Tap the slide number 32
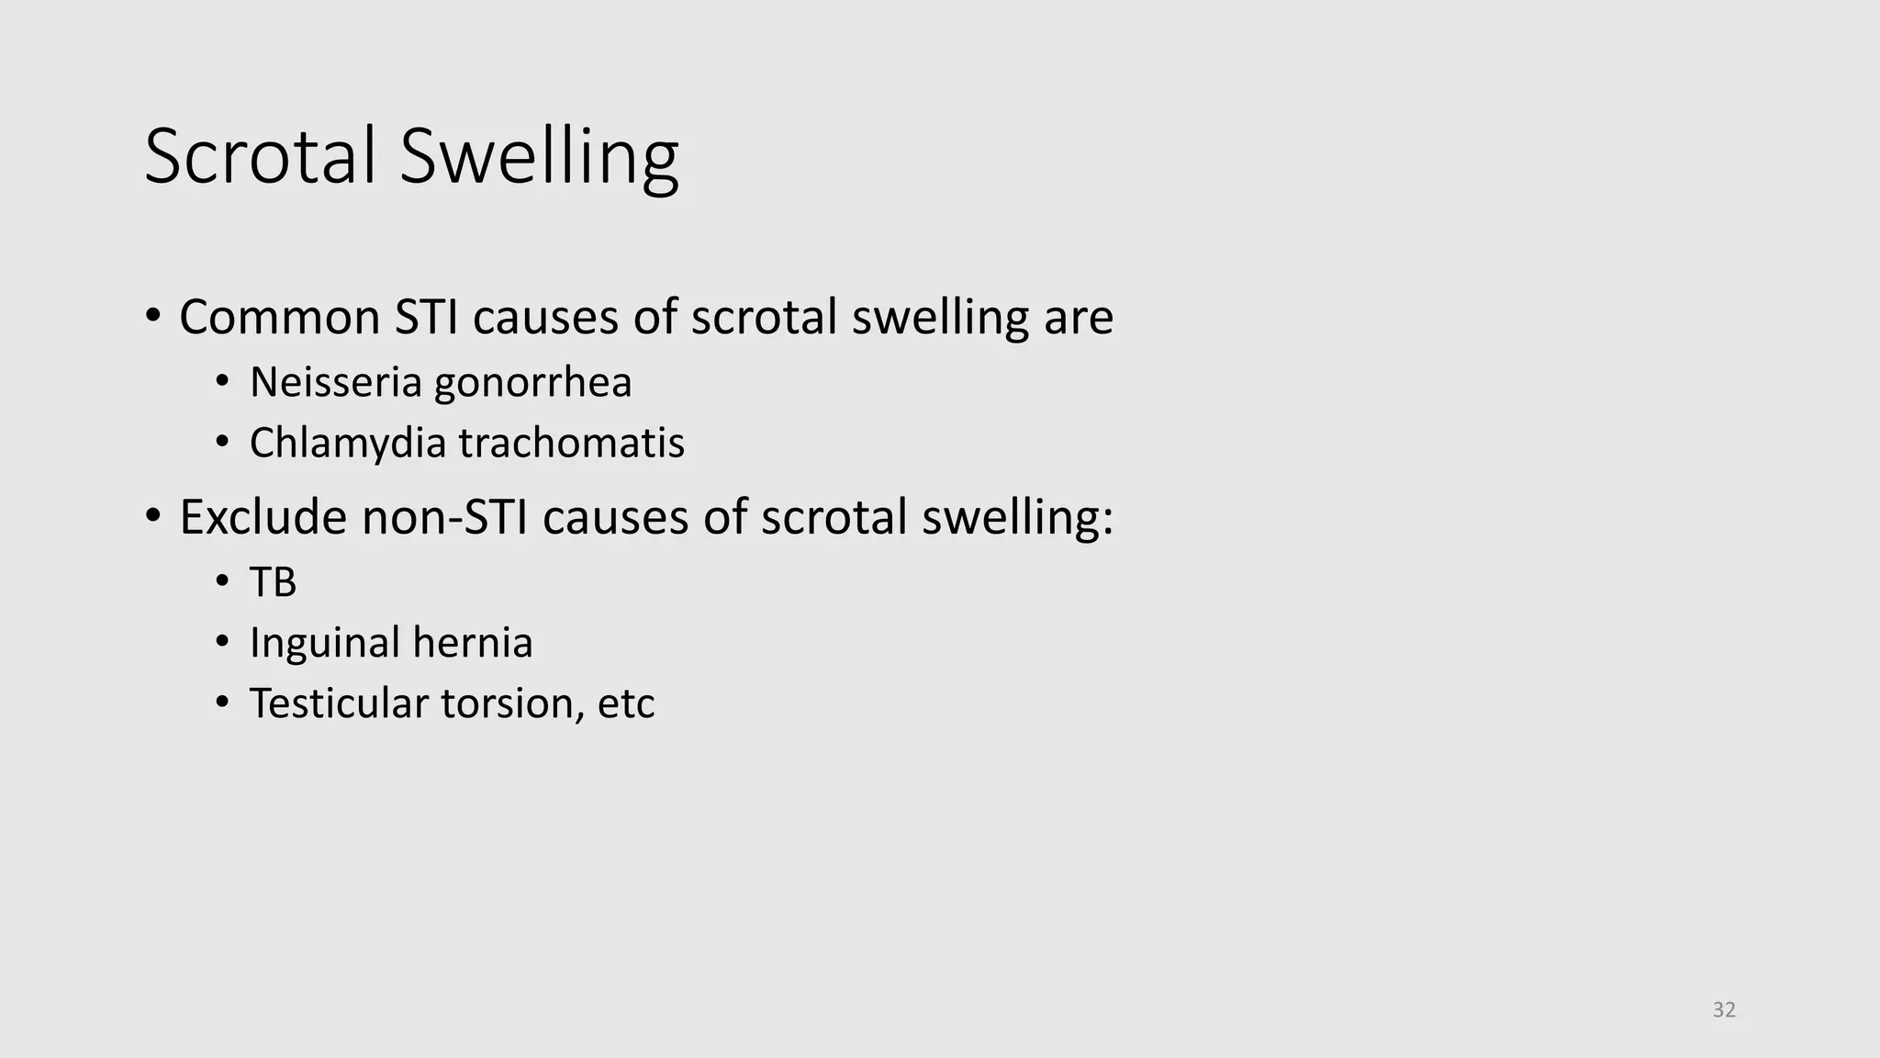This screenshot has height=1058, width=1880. [1724, 1010]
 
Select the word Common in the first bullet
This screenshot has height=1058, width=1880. [279, 318]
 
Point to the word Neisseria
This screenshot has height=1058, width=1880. [335, 382]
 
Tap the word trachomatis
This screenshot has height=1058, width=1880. [571, 444]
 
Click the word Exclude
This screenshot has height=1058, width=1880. [263, 517]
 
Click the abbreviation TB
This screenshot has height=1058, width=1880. [273, 582]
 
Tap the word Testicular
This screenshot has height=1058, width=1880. [339, 704]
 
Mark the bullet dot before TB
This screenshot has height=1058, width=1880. [221, 581]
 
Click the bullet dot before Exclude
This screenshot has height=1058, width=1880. [153, 516]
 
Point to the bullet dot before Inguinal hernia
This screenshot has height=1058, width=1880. [221, 642]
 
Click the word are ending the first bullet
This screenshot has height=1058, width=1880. [1079, 319]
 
